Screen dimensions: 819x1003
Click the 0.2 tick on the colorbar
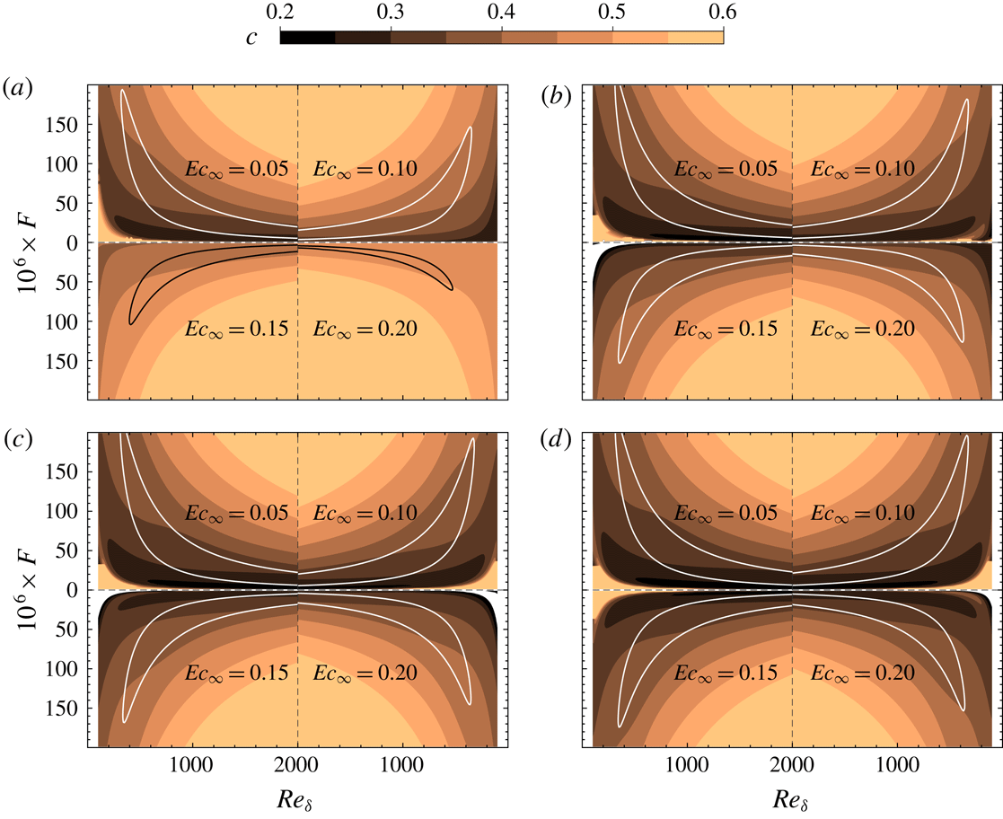pos(281,13)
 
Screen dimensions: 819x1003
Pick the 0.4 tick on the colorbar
pos(502,13)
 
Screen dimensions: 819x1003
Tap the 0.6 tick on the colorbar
pos(723,13)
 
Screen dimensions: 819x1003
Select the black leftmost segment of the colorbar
pos(308,37)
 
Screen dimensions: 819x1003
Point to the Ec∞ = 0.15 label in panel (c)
pos(238,675)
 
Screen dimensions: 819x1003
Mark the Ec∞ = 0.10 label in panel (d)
pos(862,515)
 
